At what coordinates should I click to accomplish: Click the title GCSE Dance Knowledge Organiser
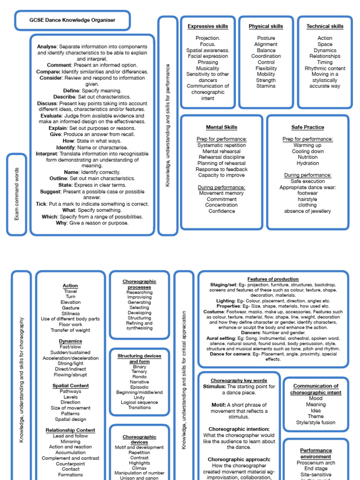[x=72, y=20]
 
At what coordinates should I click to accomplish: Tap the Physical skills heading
[x=266, y=26]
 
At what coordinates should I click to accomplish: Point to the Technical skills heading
[x=325, y=26]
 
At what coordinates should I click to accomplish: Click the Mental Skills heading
[x=222, y=127]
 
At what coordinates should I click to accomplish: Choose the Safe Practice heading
[x=307, y=127]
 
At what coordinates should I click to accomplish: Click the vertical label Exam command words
[x=17, y=195]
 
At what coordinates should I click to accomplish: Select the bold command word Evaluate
[x=51, y=116]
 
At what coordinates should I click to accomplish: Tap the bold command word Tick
[x=41, y=204]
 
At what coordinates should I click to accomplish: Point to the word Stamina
[x=266, y=86]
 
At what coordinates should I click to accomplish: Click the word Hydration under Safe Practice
[x=307, y=163]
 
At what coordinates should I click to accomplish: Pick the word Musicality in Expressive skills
[x=208, y=68]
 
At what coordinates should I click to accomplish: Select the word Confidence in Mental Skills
[x=222, y=211]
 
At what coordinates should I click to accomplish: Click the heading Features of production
[x=273, y=279]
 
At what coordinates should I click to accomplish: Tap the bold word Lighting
[x=225, y=301]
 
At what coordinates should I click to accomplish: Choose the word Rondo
[x=139, y=376]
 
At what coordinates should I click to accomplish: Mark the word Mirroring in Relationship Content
[x=70, y=442]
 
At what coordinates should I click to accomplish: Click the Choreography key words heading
[x=239, y=381]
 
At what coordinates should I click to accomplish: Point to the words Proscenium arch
[x=316, y=463]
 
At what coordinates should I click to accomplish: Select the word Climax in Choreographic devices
[x=139, y=468]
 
